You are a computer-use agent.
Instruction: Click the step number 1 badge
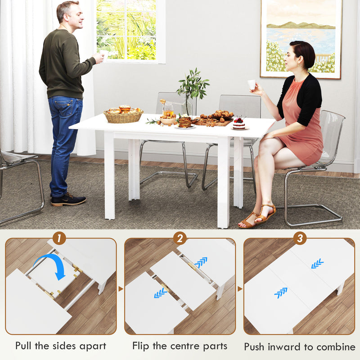point(59,238)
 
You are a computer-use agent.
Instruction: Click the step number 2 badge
point(180,238)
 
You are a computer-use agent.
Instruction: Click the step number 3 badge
point(299,238)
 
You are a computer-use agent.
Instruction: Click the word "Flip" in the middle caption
point(141,346)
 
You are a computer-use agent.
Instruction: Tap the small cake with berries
point(239,123)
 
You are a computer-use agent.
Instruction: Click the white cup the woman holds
point(252,84)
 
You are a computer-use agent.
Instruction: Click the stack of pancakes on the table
point(184,121)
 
